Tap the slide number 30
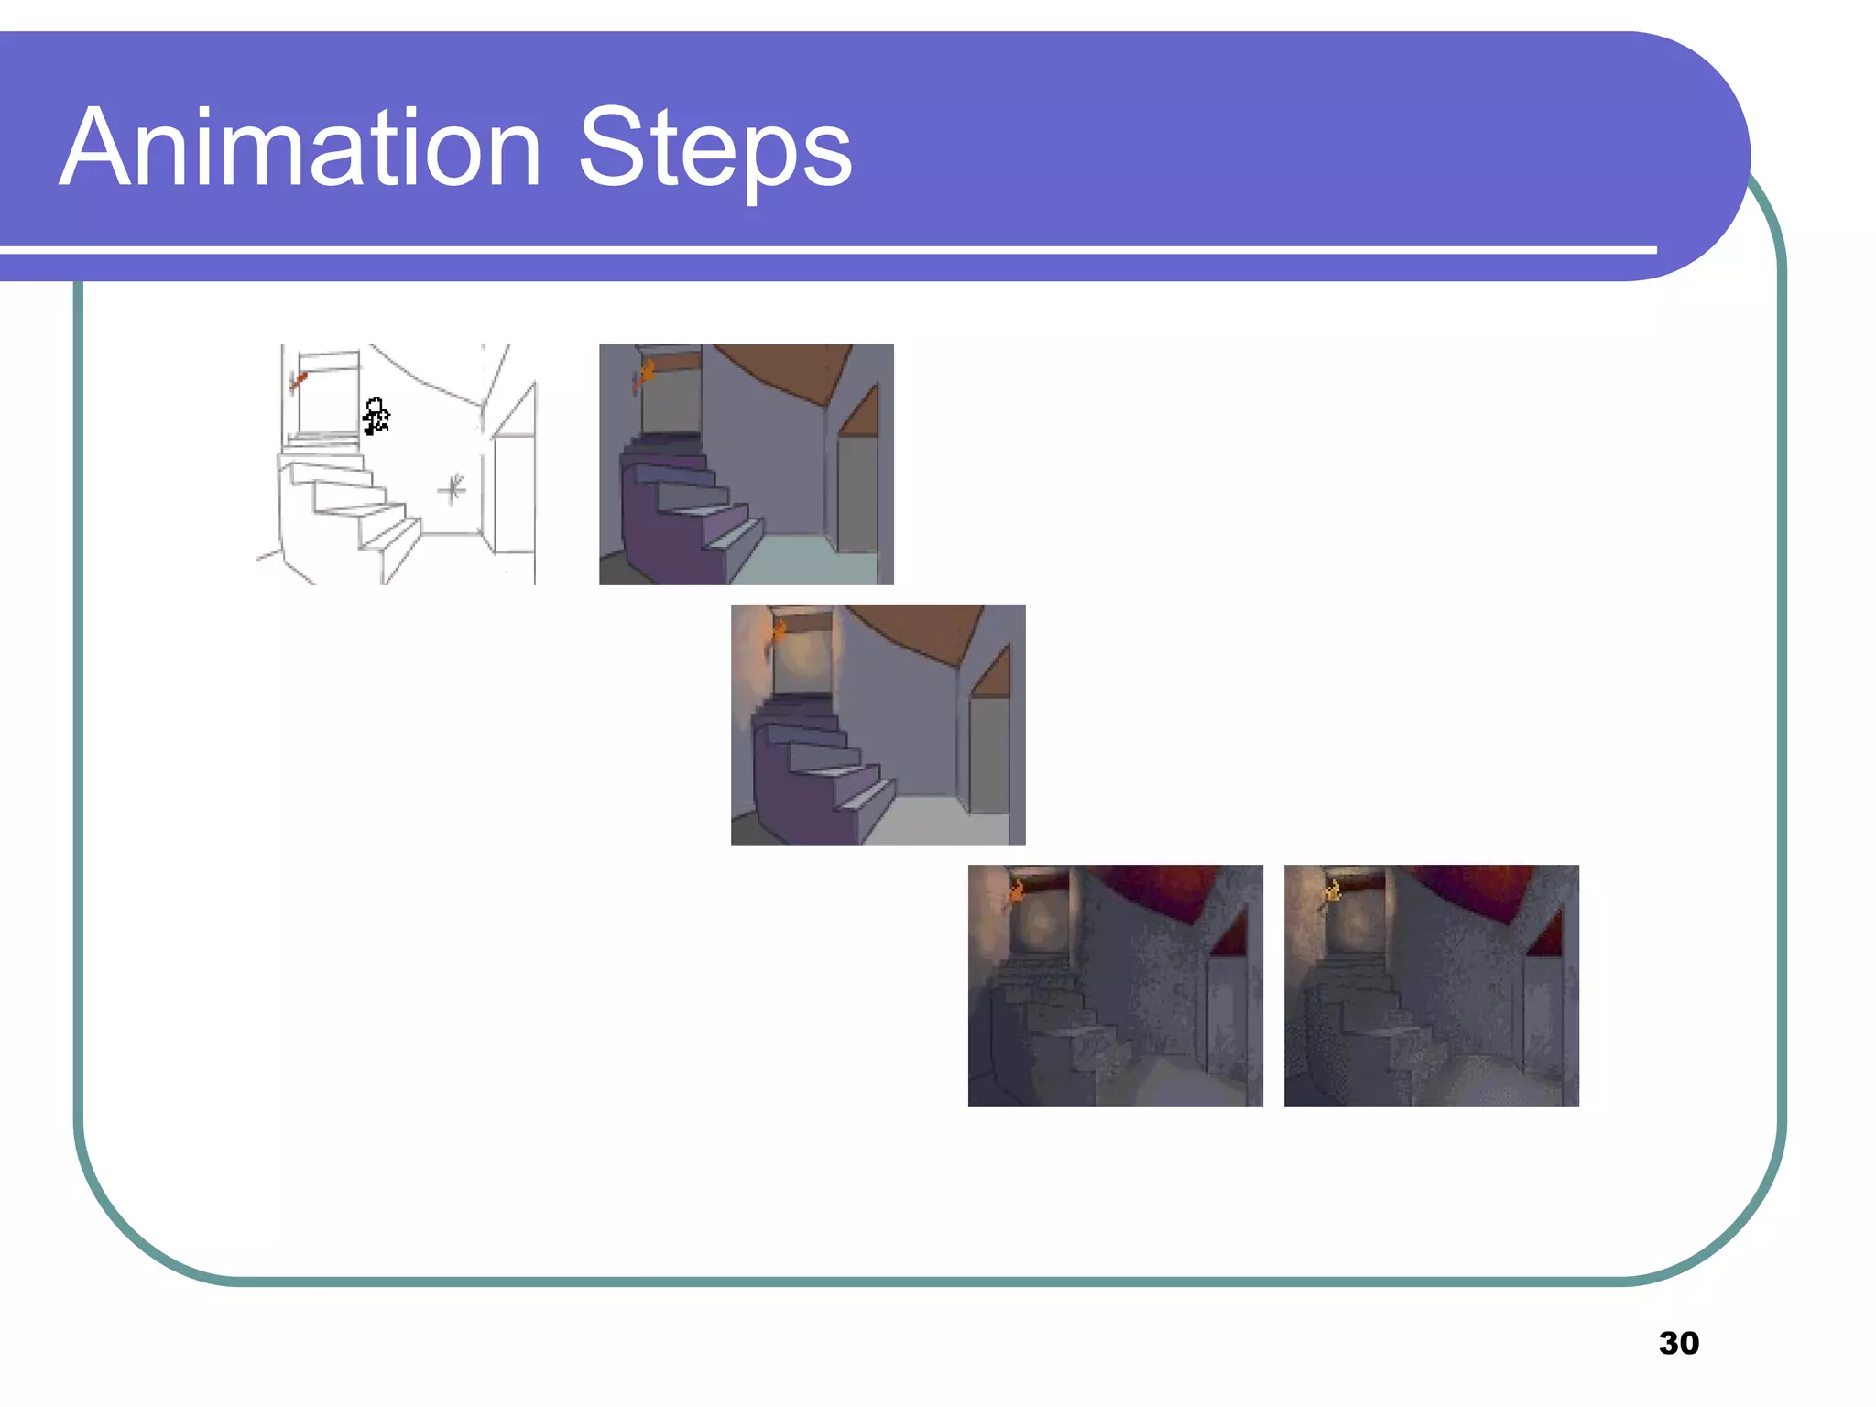1678,1343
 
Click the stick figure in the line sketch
376,416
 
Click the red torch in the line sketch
298,380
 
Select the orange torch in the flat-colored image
646,373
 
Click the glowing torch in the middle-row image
779,630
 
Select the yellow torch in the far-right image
1333,890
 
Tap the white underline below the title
824,249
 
